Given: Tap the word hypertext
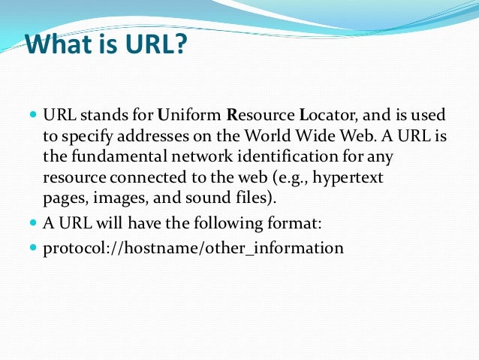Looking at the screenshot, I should pyautogui.click(x=351, y=178).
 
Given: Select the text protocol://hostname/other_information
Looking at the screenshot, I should pyautogui.click(x=193, y=247).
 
